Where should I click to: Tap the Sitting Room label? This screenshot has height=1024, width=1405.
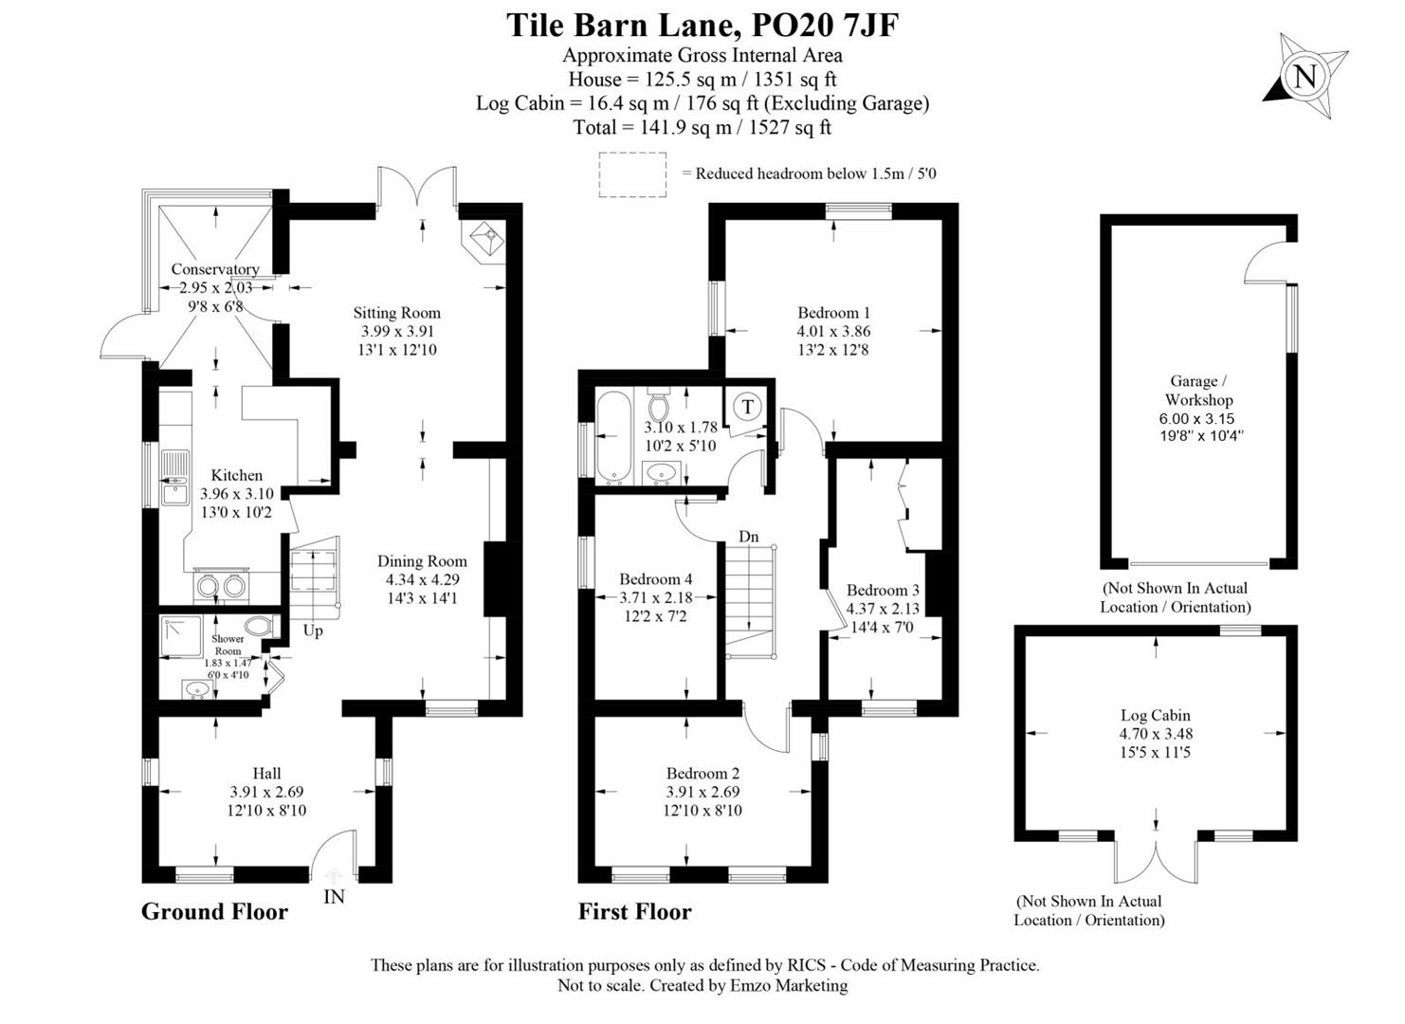point(396,313)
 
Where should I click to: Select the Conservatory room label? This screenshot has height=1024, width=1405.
point(214,269)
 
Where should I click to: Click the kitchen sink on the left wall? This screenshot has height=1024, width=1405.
point(174,478)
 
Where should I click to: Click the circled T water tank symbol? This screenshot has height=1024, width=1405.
point(748,408)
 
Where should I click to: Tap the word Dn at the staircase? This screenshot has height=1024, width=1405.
point(749,537)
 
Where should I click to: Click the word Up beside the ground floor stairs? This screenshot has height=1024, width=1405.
point(313,631)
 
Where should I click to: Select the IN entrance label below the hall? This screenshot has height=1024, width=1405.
point(334,896)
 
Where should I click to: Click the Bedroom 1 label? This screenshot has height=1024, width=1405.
point(833,313)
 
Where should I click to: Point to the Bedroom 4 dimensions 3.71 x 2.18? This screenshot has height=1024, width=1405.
point(655,598)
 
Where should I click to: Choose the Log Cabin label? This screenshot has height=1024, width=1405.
point(1155,716)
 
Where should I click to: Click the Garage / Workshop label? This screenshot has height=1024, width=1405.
point(1198,391)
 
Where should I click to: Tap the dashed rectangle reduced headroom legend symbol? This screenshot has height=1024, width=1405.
point(632,174)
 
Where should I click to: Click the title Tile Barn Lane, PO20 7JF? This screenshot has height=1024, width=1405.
point(702,25)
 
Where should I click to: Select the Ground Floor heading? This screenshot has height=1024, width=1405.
point(214,911)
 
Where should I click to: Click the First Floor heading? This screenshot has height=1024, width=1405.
point(634,911)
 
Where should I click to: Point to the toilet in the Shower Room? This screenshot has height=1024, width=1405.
point(258,627)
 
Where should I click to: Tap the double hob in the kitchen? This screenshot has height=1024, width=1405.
point(221,587)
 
